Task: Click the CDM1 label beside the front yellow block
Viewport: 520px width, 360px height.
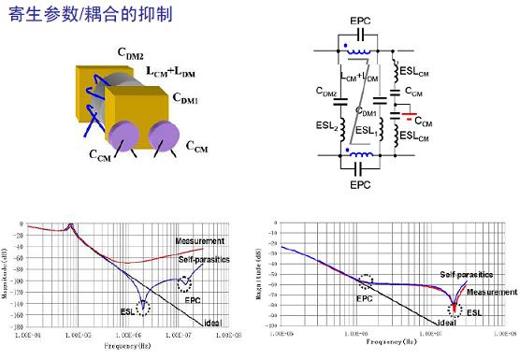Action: click(x=189, y=97)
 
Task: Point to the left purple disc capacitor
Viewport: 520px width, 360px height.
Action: click(x=123, y=137)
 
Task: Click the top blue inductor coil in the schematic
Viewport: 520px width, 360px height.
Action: click(x=359, y=50)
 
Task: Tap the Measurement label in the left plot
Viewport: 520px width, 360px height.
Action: click(x=200, y=242)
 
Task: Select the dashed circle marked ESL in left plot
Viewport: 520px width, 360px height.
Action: click(x=143, y=307)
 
